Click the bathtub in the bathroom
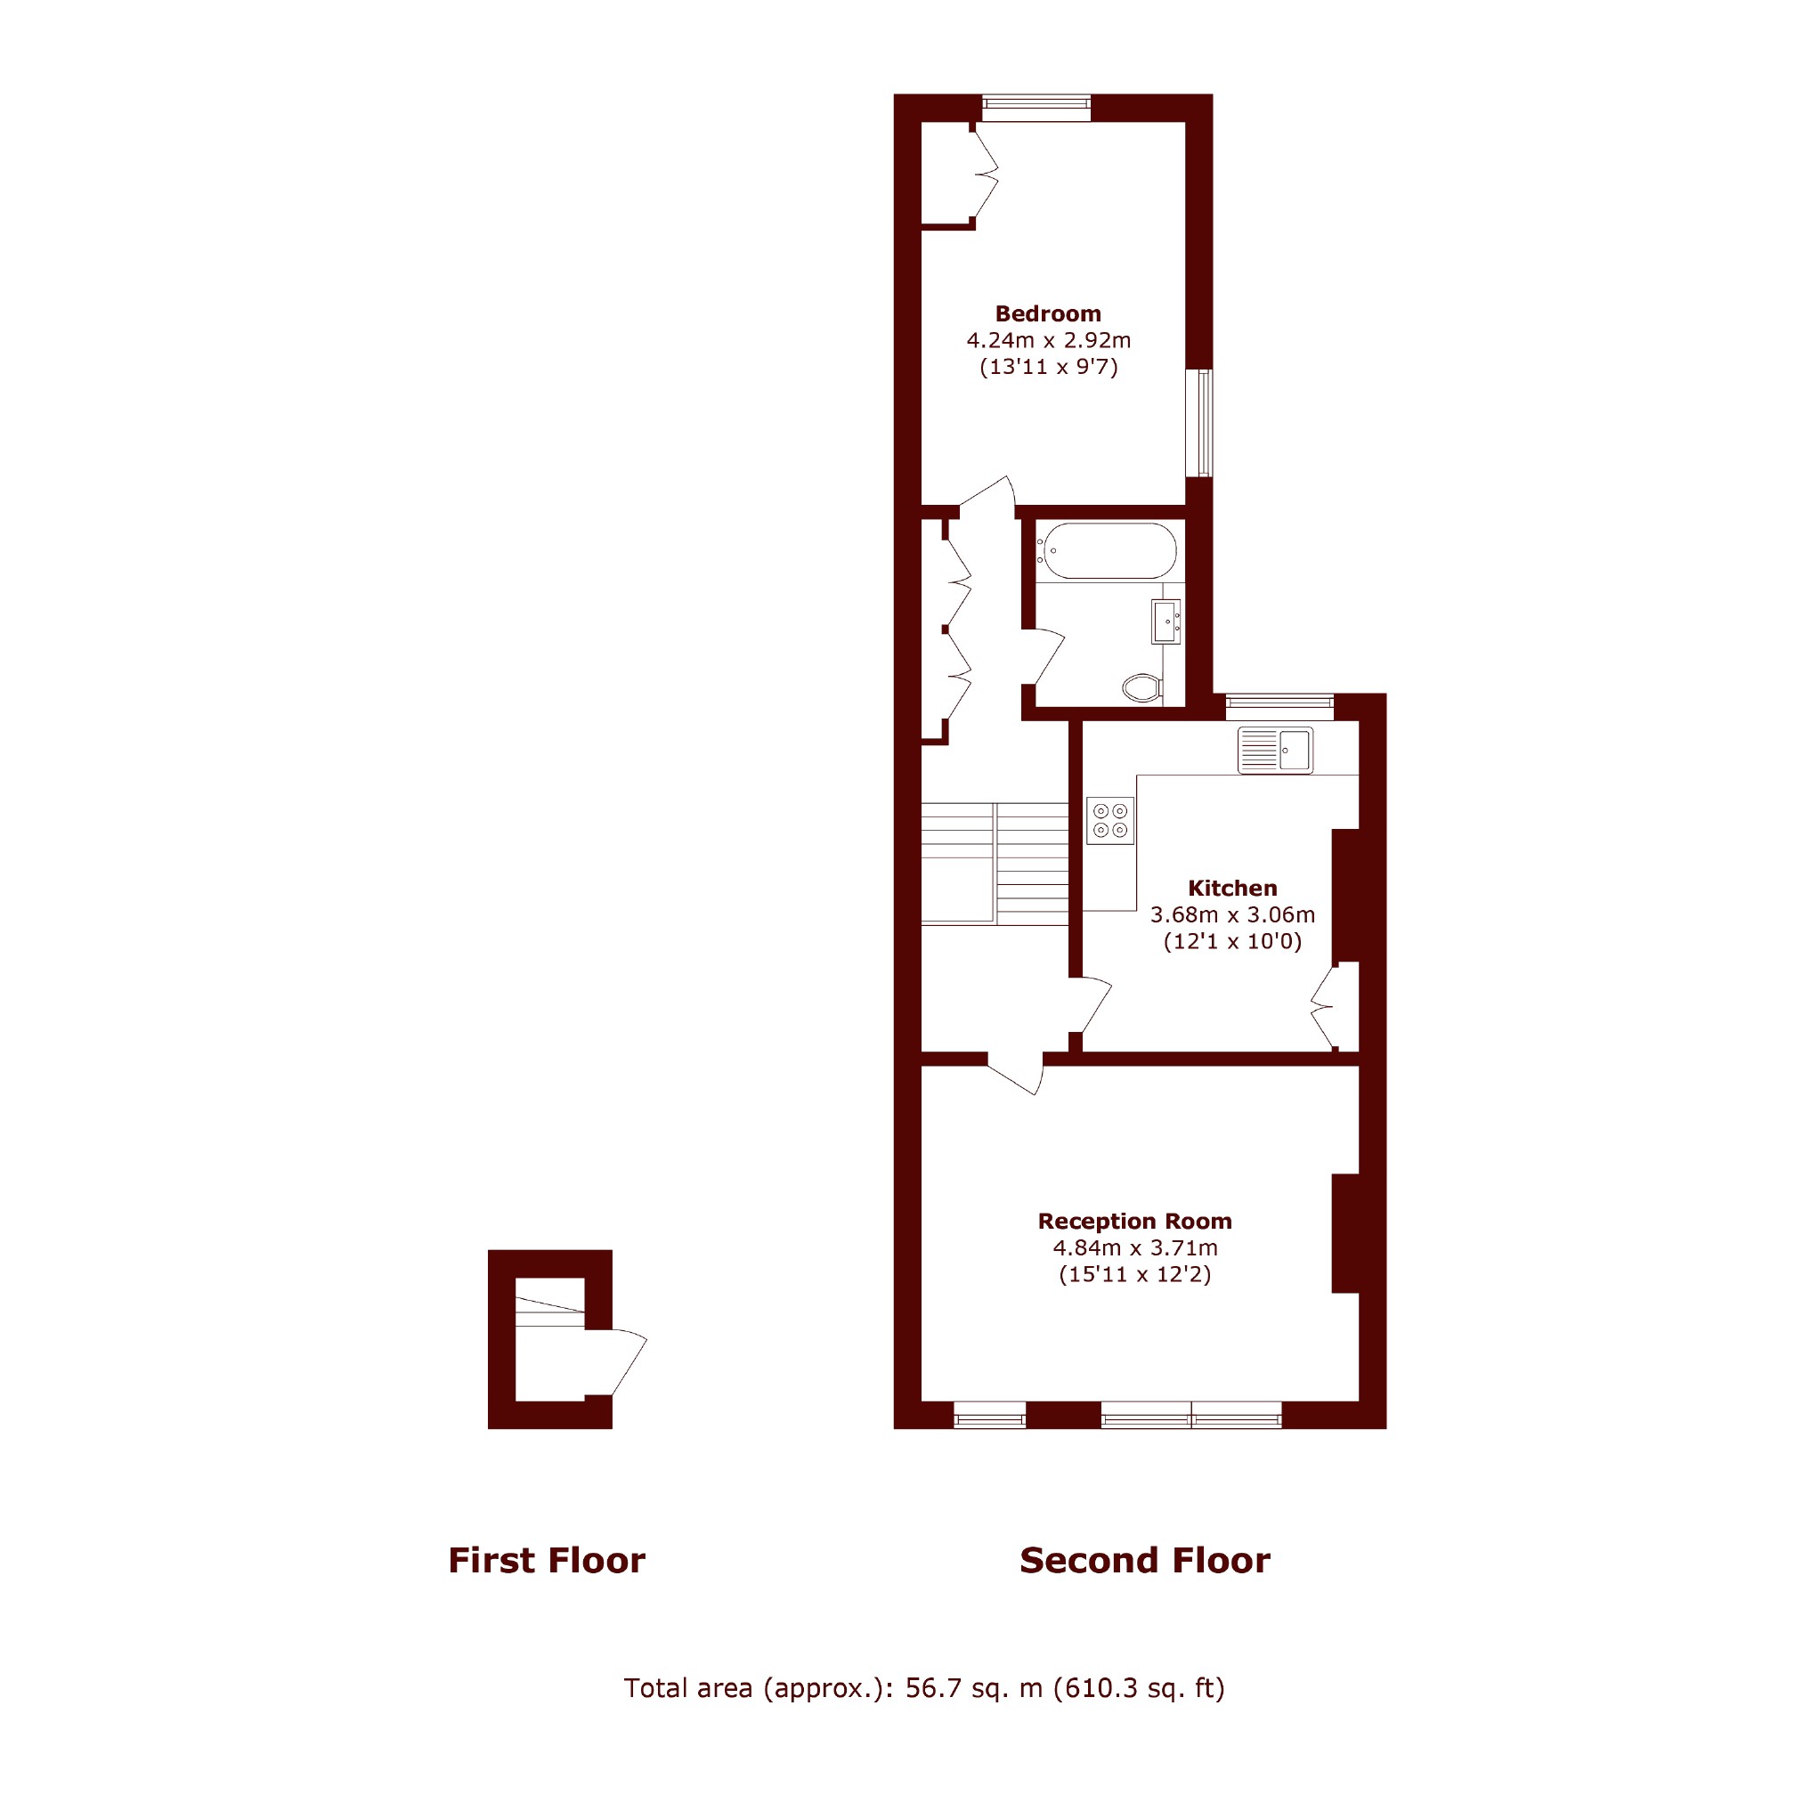tap(1108, 550)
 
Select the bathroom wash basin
tap(1166, 621)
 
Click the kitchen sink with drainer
tap(1275, 751)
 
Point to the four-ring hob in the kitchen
tap(1110, 821)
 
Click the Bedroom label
tap(1048, 313)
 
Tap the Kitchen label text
tap(1232, 889)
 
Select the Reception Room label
tap(1135, 1221)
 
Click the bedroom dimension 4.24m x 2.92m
tap(1048, 341)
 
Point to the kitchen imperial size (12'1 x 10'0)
tap(1232, 942)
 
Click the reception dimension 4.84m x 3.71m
tap(1135, 1247)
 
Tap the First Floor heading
tap(547, 1560)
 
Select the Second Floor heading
tap(1145, 1560)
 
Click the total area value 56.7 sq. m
tap(974, 1688)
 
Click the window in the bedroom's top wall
tap(1036, 109)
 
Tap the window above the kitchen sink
tap(1279, 707)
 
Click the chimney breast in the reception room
tap(1344, 1233)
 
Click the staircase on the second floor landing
tap(995, 864)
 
